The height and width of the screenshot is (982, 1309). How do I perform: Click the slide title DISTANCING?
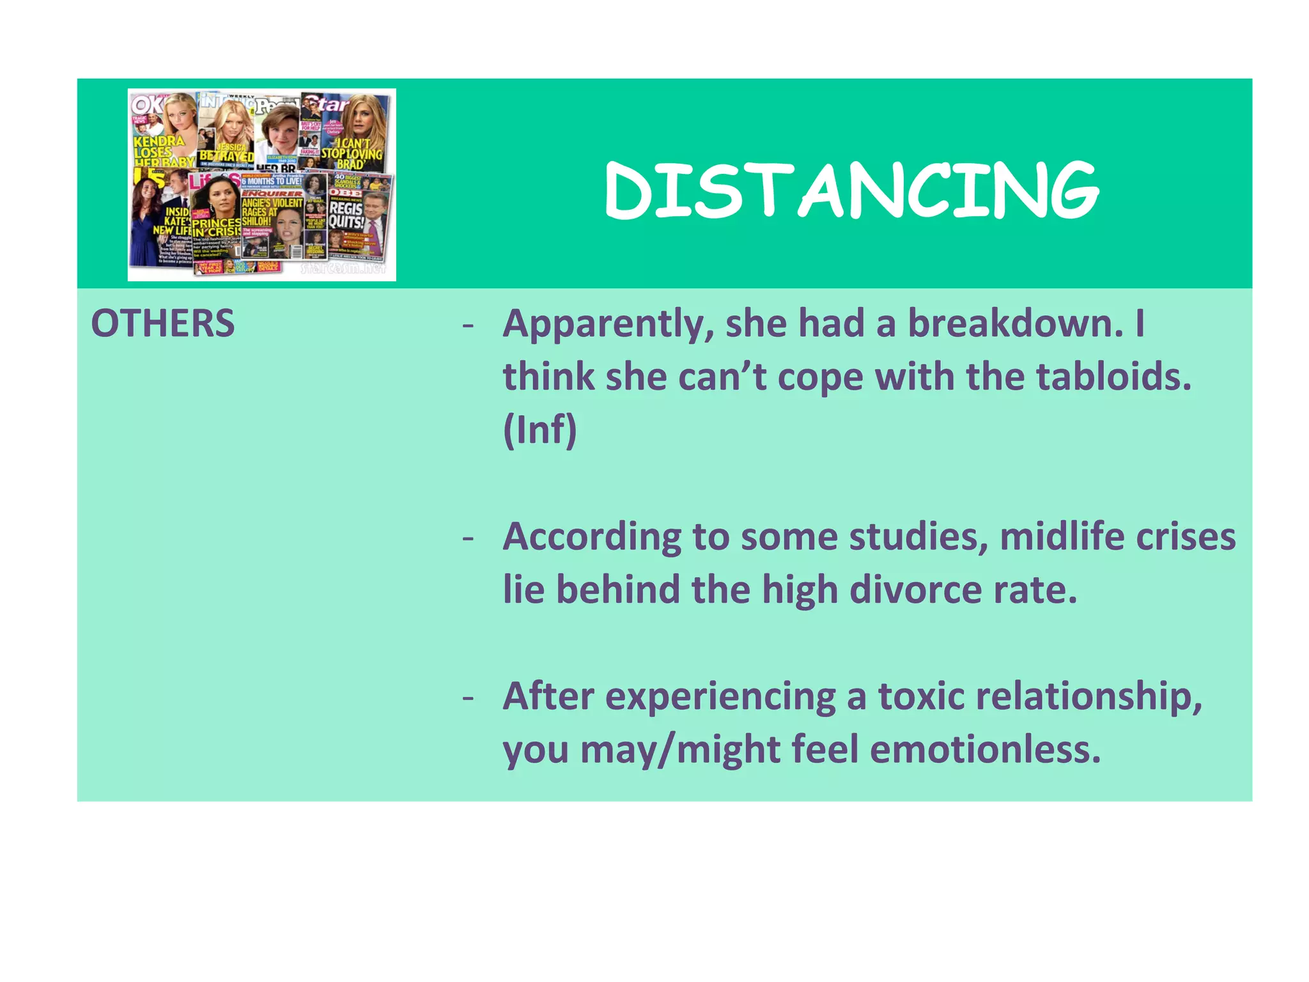851,190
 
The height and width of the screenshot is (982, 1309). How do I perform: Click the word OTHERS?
163,323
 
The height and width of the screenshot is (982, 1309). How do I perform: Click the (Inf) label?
540,430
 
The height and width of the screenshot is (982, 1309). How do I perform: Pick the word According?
592,537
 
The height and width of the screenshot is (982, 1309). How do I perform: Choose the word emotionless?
985,749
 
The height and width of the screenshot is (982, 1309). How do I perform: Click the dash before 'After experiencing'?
469,697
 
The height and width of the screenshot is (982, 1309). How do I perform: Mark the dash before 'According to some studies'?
469,538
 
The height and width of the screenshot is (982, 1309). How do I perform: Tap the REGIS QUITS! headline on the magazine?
346,215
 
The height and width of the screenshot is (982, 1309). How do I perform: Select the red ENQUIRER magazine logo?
272,193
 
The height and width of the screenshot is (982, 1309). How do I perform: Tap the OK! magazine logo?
146,104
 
